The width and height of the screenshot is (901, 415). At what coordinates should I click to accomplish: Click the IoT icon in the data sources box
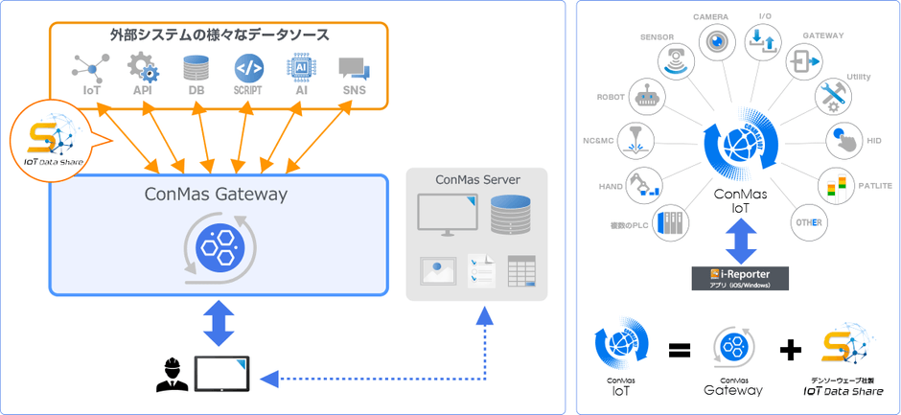(x=91, y=69)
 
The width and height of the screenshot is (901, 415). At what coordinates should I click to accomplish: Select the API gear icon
(x=143, y=68)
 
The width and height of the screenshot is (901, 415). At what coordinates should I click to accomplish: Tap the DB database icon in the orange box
(x=196, y=68)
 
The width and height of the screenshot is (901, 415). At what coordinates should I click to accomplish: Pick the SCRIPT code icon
(x=248, y=68)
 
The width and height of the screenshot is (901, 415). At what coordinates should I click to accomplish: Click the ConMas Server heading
(x=476, y=179)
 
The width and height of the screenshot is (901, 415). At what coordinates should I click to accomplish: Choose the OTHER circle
(x=804, y=222)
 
